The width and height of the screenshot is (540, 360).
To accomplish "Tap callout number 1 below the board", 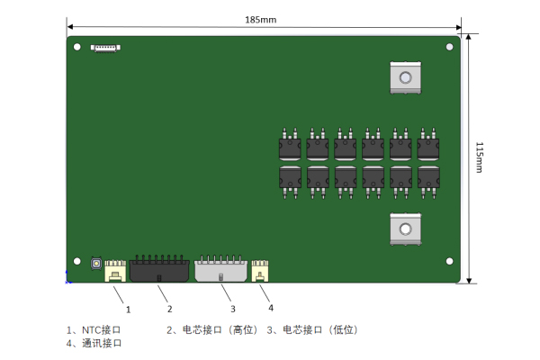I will click(x=128, y=309).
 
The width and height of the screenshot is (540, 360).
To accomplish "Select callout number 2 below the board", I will click(x=168, y=309).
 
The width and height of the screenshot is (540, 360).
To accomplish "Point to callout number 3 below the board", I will click(x=231, y=309).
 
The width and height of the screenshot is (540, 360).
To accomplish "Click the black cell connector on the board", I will click(x=159, y=268).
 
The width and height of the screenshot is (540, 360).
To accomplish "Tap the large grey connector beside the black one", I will click(x=221, y=268).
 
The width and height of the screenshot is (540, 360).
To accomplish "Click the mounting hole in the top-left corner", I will click(x=77, y=47).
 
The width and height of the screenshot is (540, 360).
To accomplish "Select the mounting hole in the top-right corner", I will click(x=449, y=47).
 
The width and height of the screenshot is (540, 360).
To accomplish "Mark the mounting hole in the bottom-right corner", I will click(x=449, y=262).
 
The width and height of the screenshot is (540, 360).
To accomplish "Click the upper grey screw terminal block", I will click(x=406, y=77).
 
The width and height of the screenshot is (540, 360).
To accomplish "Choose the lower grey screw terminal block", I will click(x=406, y=229).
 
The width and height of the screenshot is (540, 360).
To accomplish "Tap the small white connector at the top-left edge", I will click(x=104, y=46).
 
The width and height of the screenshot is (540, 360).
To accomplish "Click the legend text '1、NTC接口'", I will click(x=94, y=329).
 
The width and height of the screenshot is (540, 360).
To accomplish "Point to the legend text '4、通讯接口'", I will click(x=94, y=343).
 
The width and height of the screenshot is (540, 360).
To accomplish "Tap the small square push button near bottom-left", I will click(x=95, y=264).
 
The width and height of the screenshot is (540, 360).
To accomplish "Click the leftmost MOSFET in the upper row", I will click(x=290, y=146).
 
